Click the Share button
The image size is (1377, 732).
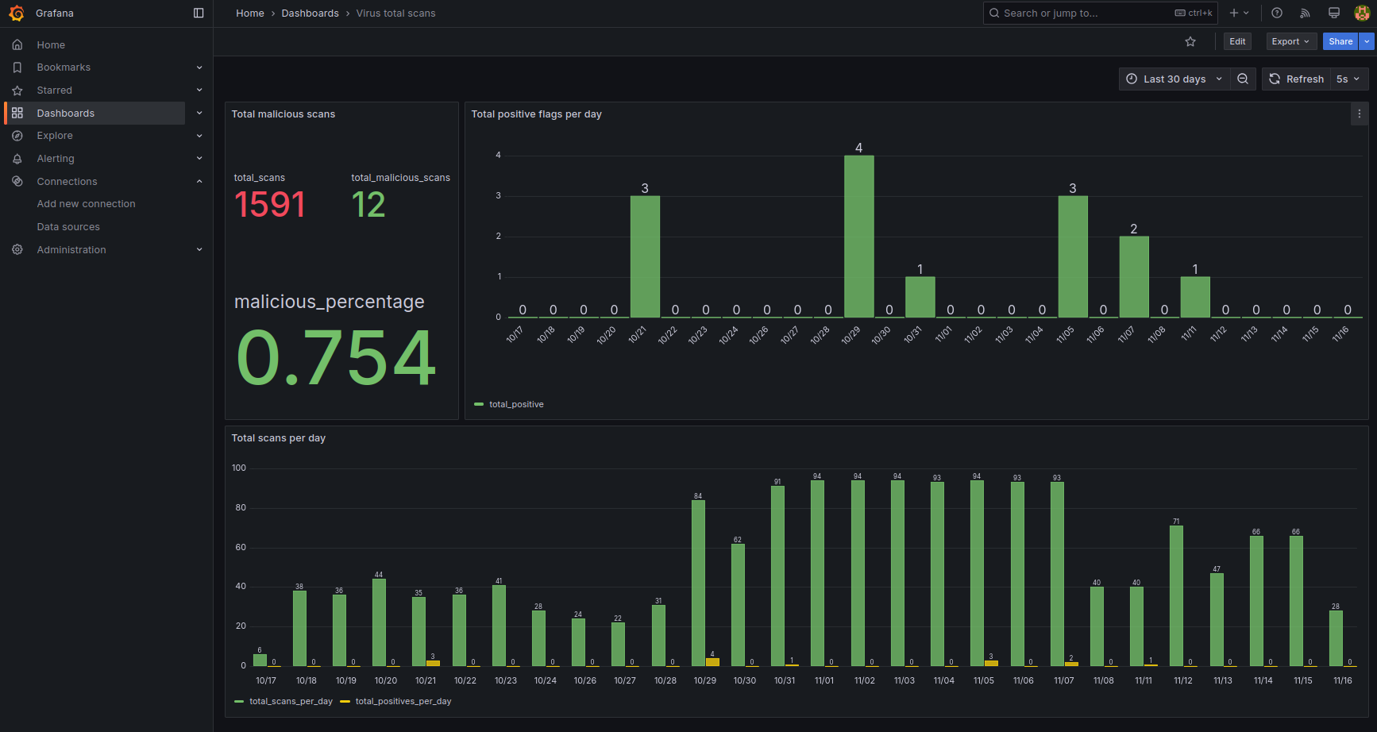(x=1340, y=41)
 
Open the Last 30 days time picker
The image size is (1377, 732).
(x=1174, y=79)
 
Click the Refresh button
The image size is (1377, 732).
(x=1296, y=79)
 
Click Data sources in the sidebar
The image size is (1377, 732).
(x=68, y=227)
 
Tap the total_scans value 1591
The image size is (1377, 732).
(x=270, y=205)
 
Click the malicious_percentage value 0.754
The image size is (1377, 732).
(x=336, y=358)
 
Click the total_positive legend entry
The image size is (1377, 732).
(x=515, y=404)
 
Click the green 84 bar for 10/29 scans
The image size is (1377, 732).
(x=698, y=583)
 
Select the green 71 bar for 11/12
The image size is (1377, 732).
(x=1176, y=595)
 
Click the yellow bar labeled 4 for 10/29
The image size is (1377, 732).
(x=712, y=662)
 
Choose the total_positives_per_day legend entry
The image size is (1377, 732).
(x=403, y=701)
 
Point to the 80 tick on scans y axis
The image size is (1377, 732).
(x=241, y=507)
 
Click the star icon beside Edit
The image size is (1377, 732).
(x=1190, y=41)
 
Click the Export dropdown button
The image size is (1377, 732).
(x=1290, y=41)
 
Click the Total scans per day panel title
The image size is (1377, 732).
(x=279, y=438)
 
